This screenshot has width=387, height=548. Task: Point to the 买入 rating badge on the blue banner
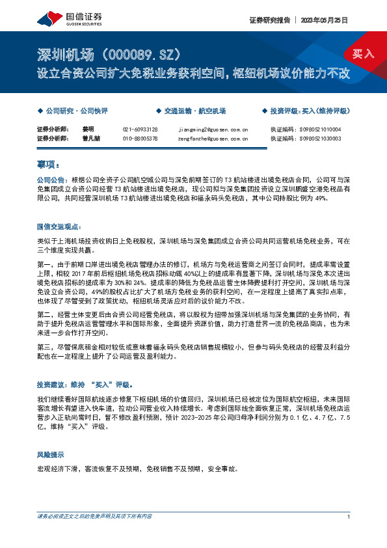pyautogui.click(x=363, y=54)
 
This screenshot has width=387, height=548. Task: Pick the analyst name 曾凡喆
pyautogui.click(x=90, y=138)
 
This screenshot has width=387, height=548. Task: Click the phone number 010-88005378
pyautogui.click(x=140, y=138)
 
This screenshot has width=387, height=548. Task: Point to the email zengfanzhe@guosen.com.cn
pyautogui.click(x=212, y=138)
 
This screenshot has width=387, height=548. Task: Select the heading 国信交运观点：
pyautogui.click(x=58, y=226)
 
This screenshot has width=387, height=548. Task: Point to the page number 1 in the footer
pyautogui.click(x=349, y=517)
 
